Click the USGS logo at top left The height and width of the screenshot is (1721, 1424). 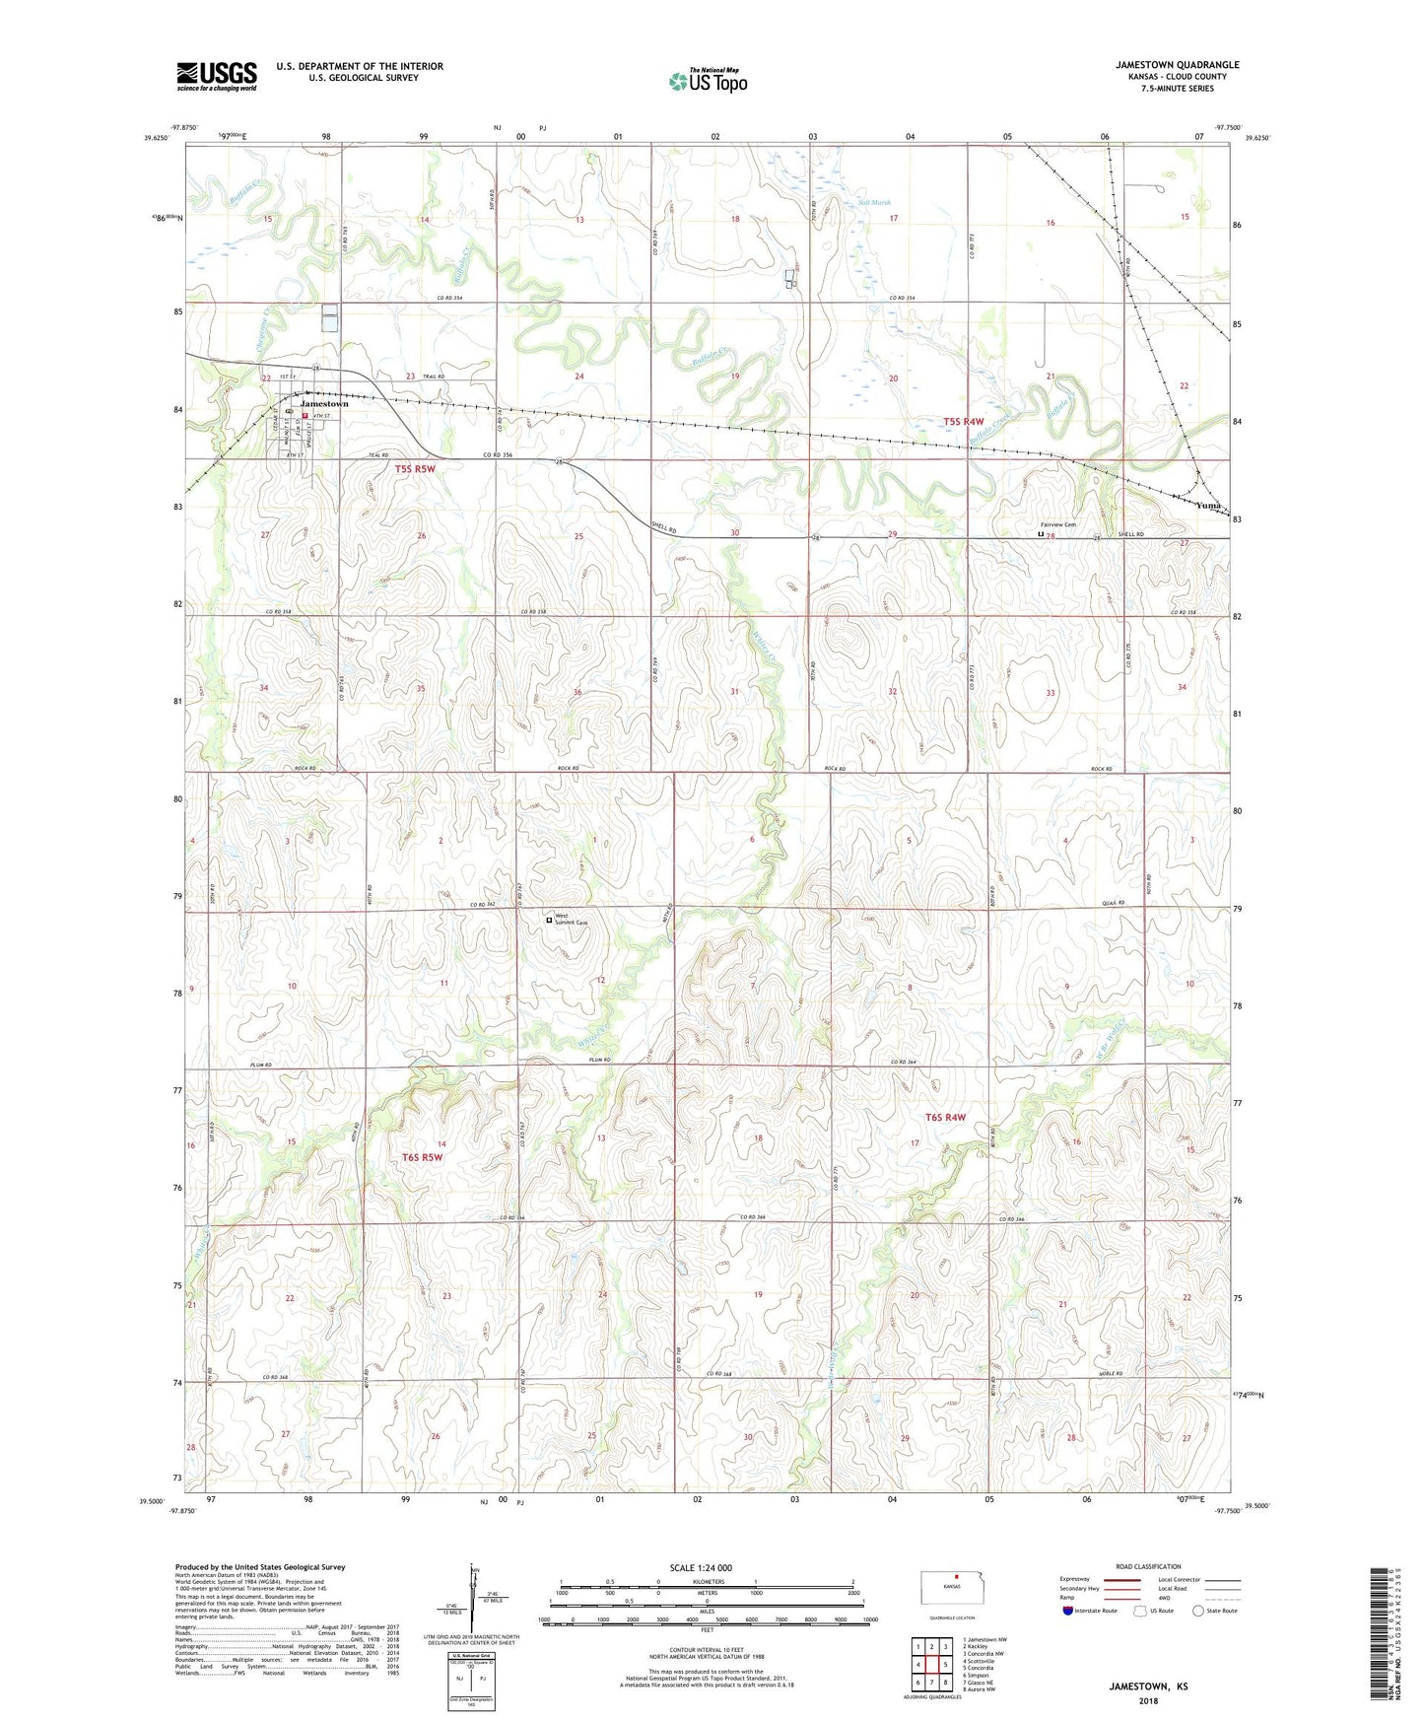pos(217,76)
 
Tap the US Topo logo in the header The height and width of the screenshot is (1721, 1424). pos(708,81)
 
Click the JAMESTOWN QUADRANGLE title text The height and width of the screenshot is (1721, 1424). pos(1177,64)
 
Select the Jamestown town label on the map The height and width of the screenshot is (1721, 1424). pos(324,404)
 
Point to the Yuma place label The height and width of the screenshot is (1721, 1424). pos(1207,506)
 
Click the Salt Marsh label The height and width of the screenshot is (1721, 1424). pos(874,203)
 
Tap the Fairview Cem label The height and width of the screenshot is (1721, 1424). pos(1057,524)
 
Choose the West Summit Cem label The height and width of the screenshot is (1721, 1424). pos(571,920)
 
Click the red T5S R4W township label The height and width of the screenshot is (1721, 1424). pos(963,422)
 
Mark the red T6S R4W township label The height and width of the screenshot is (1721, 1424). pos(944,1118)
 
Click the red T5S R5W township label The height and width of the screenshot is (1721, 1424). pos(415,469)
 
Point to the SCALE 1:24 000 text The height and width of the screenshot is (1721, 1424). pos(701,1568)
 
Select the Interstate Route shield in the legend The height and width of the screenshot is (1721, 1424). pos(1067,1611)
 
